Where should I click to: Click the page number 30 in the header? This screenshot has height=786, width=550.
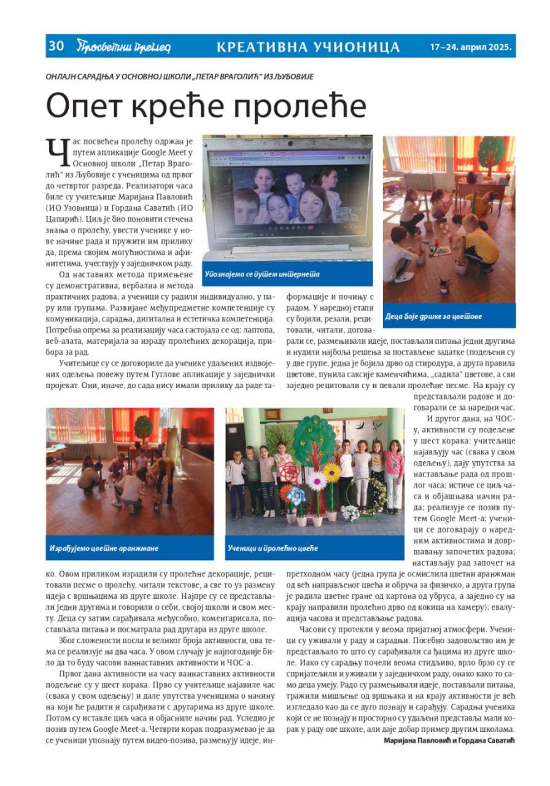pos(56,46)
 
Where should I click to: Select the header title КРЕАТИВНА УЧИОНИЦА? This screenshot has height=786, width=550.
pos(308,47)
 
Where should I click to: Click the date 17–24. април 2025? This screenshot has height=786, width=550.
pos(472,47)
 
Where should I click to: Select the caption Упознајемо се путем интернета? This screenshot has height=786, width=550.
pos(262,274)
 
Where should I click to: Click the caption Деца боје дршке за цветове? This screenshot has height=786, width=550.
pos(433,317)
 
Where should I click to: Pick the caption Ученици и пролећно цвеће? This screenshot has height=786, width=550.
pos(273,547)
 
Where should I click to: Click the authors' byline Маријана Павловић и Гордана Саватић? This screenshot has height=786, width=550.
pos(449,741)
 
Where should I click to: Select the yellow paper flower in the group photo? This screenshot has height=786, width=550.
pos(332,472)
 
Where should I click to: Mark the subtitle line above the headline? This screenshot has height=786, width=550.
pos(180,77)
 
